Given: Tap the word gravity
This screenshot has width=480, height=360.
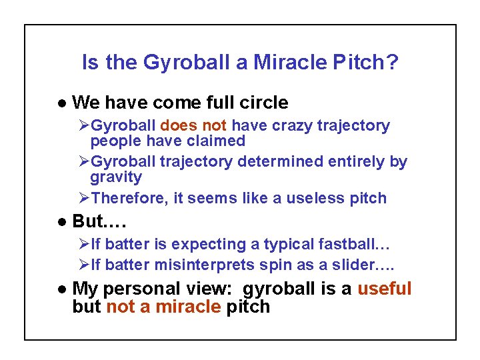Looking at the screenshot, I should (x=116, y=177).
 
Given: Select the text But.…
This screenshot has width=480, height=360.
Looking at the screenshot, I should (x=99, y=221).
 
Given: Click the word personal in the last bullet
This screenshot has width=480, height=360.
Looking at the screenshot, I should (x=151, y=289).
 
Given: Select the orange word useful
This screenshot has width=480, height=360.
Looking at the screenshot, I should (x=385, y=289).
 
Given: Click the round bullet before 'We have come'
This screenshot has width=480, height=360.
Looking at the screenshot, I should (x=61, y=103).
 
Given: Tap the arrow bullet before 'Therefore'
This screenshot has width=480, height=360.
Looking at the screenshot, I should (x=84, y=198).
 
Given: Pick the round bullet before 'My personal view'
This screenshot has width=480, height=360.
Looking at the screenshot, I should (x=61, y=289).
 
